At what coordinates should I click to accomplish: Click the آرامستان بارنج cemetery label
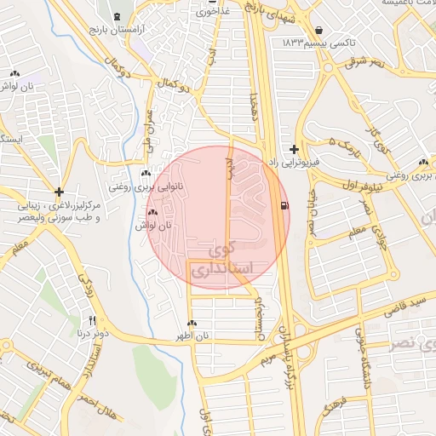pos(117,30)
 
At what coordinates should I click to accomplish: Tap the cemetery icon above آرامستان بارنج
pos(117,17)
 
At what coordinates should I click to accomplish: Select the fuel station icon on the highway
pos(283,204)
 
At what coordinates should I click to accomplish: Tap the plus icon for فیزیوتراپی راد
pos(295,149)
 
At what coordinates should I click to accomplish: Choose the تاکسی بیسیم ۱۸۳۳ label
pos(318,42)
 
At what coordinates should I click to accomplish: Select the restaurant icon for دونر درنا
pos(92,320)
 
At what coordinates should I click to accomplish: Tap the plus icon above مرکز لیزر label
pos(58,192)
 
